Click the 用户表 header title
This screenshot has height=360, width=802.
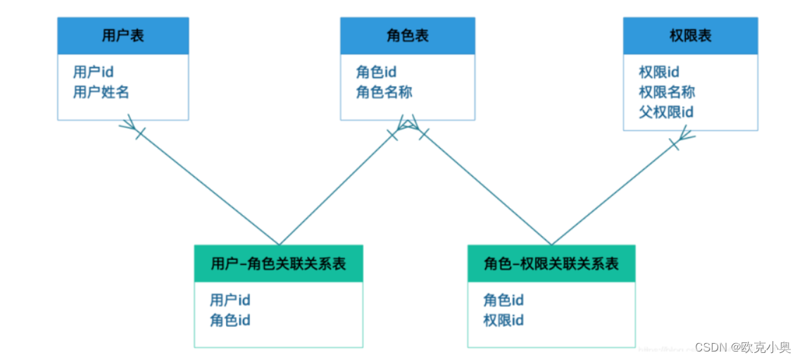coord(123,36)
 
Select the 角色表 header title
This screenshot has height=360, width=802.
coord(407,36)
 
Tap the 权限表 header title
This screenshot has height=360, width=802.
coord(690,36)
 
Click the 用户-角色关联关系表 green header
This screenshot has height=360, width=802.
coord(278,264)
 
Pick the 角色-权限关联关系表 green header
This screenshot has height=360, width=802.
coord(551,264)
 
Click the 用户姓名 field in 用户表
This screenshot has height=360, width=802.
coord(101,92)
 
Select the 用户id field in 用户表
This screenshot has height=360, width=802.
coord(94,72)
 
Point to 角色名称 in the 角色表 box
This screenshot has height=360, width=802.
coord(384,92)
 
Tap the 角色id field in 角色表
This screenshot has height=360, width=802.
coord(377,72)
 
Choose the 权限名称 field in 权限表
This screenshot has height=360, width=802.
coord(667,92)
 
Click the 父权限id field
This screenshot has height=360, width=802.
coord(667,112)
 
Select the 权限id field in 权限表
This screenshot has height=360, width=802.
coord(659,72)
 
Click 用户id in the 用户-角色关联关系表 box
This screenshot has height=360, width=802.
coord(230,300)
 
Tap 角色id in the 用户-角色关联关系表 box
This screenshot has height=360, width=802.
coord(230,321)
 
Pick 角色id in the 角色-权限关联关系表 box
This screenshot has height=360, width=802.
coord(503,300)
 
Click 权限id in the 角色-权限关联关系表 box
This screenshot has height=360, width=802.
coord(503,321)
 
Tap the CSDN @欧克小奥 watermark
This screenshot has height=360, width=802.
coord(742,347)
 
